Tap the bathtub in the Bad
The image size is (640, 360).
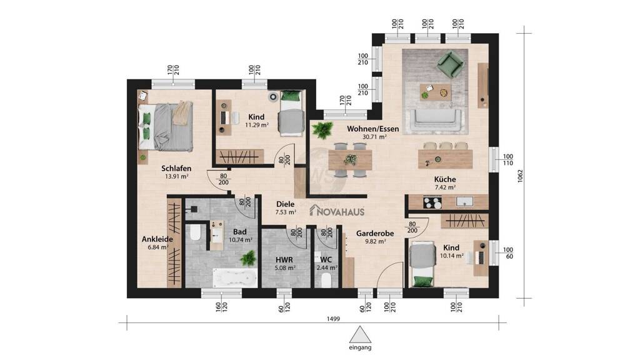pyautogui.click(x=235, y=278)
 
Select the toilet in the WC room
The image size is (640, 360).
pyautogui.click(x=326, y=280)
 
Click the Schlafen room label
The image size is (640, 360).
pyautogui.click(x=176, y=168)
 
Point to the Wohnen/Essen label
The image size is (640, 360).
pyautogui.click(x=372, y=129)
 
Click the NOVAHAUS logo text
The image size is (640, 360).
pyautogui.click(x=337, y=211)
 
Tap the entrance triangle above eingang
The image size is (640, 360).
pyautogui.click(x=360, y=334)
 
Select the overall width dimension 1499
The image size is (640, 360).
pyautogui.click(x=334, y=319)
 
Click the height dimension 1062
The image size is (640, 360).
pyautogui.click(x=520, y=176)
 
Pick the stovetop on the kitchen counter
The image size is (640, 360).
pyautogui.click(x=432, y=202)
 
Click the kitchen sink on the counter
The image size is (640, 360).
pyautogui.click(x=464, y=202)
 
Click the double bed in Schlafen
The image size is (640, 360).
pyautogui.click(x=165, y=126)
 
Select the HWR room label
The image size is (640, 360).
pyautogui.click(x=284, y=259)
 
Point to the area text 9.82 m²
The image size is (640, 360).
pyautogui.click(x=376, y=241)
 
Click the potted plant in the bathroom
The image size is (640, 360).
pyautogui.click(x=248, y=258)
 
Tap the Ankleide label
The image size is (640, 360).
pyautogui.click(x=157, y=239)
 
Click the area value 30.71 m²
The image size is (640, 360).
pyautogui.click(x=375, y=137)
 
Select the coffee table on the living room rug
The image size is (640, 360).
pyautogui.click(x=436, y=92)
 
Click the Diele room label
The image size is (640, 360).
pyautogui.click(x=285, y=204)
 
